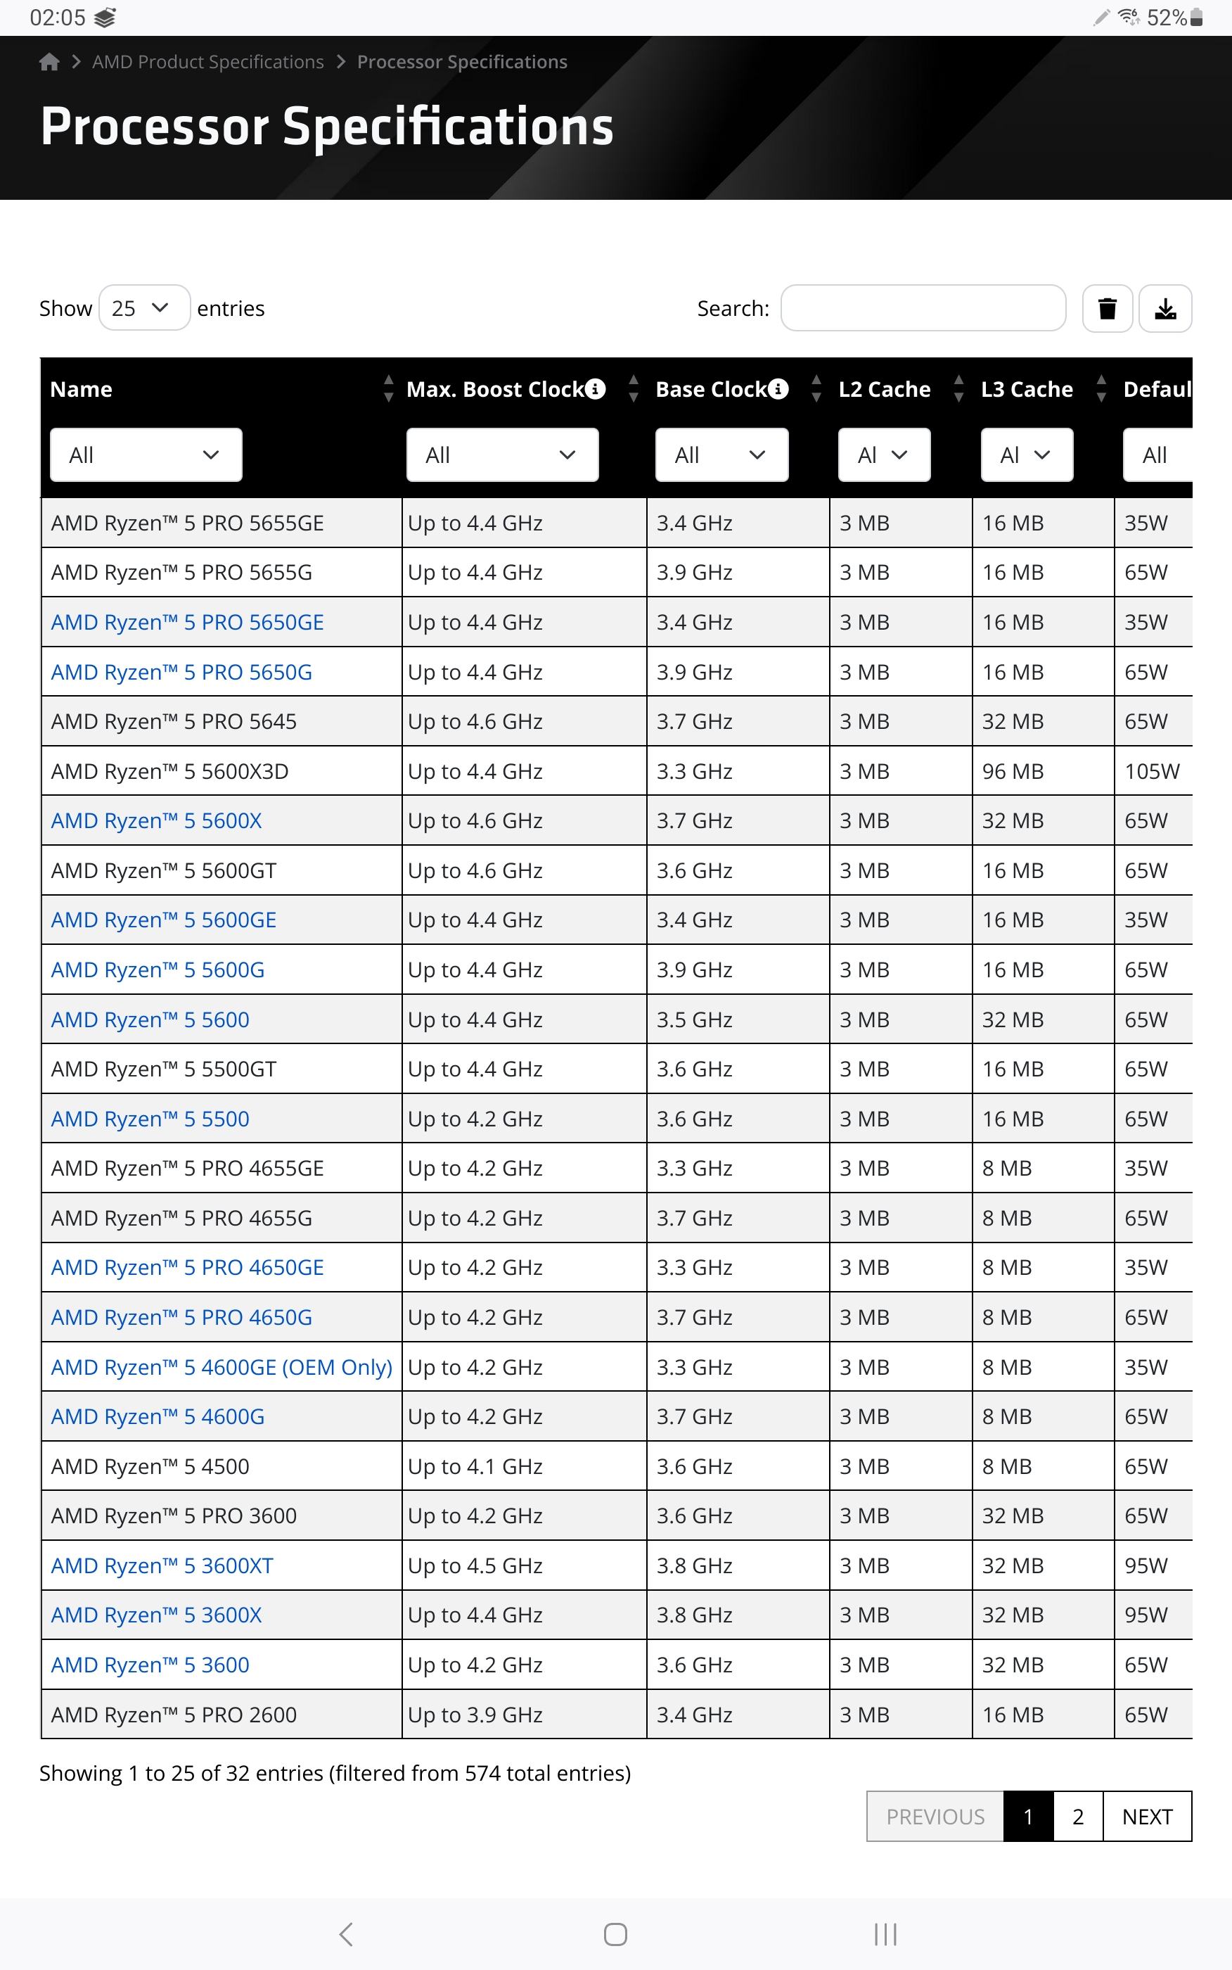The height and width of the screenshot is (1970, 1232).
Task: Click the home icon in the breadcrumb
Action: click(x=49, y=62)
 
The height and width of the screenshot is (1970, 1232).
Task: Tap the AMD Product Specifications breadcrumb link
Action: click(x=207, y=62)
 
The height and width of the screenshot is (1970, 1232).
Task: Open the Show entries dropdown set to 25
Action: click(x=144, y=308)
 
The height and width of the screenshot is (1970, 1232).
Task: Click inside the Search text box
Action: click(x=923, y=308)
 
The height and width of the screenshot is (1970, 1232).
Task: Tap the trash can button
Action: click(x=1107, y=309)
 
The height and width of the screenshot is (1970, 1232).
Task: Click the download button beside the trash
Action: click(x=1165, y=309)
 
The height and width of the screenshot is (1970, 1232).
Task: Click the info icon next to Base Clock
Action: click(x=779, y=389)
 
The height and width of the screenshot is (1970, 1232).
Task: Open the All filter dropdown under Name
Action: click(x=146, y=455)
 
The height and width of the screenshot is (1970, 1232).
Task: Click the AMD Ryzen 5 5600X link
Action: click(x=156, y=821)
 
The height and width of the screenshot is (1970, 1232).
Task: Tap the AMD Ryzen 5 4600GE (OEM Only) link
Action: click(x=222, y=1367)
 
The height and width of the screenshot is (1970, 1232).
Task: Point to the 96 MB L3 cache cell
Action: click(x=1013, y=771)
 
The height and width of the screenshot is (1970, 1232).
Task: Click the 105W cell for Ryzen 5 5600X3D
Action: click(x=1151, y=771)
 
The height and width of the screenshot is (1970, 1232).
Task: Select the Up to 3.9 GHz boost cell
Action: click(x=475, y=1715)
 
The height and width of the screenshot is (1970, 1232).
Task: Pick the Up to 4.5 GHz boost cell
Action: click(x=475, y=1565)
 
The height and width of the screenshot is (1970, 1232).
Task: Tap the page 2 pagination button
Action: click(x=1077, y=1817)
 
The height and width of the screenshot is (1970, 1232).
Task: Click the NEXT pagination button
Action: click(x=1146, y=1817)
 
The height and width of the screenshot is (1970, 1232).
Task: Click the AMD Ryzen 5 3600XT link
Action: click(x=162, y=1565)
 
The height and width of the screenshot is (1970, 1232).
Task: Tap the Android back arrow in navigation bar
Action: click(x=346, y=1934)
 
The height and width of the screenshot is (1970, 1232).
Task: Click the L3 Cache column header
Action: click(x=1026, y=390)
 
